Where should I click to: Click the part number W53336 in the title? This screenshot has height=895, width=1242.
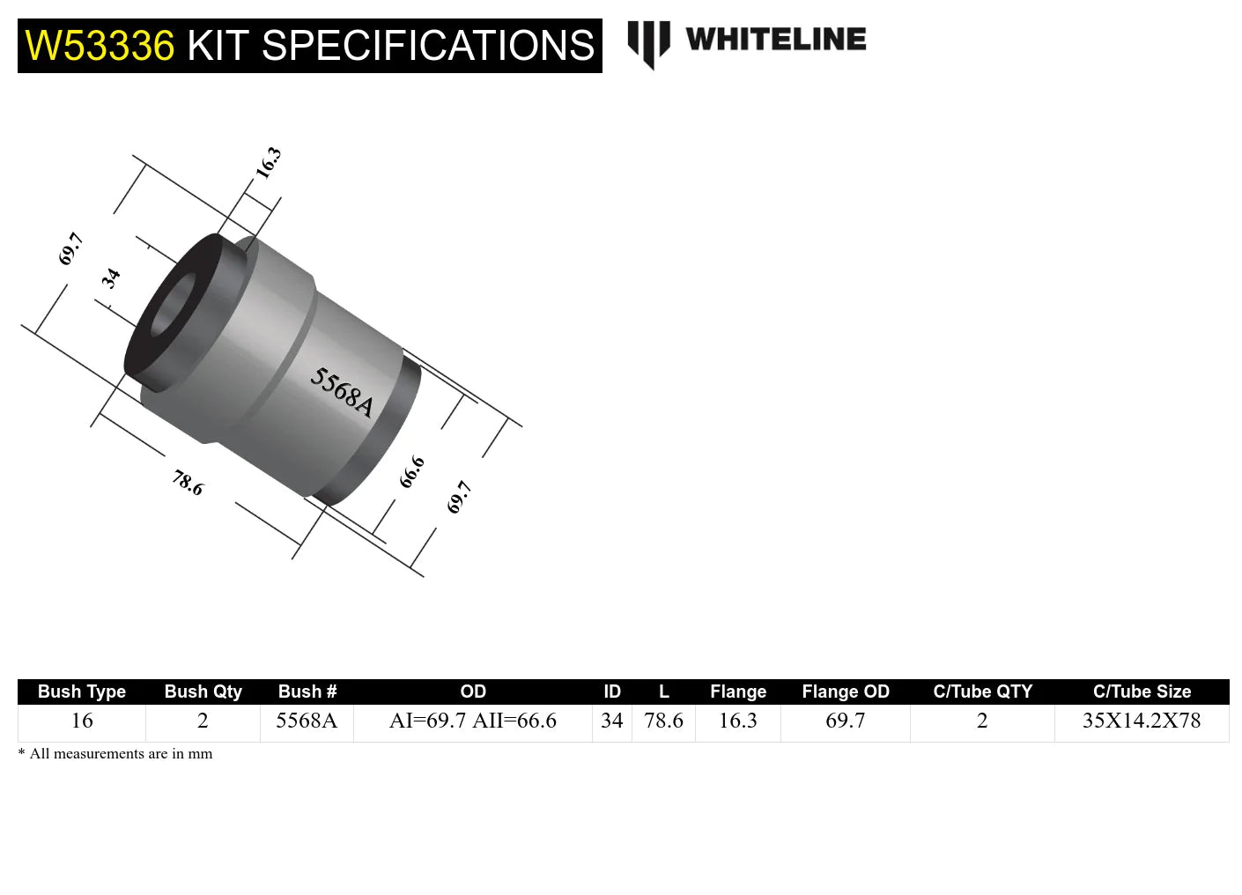coord(100,46)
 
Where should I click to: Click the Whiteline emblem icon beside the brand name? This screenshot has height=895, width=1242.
coord(648,42)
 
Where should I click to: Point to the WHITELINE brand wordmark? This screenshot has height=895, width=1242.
coord(775,40)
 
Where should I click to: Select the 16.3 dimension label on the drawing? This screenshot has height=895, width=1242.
coord(268,163)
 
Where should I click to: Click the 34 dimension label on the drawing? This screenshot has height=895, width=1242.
coord(111,278)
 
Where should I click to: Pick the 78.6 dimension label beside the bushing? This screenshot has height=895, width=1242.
coord(188,483)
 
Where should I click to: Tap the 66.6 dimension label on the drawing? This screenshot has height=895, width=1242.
coord(411,472)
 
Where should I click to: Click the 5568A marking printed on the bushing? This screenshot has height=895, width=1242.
coord(342,392)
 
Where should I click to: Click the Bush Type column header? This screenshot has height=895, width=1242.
coord(82,692)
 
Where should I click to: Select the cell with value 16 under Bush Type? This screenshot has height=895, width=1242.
coord(82,721)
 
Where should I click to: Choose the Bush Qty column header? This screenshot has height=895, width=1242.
coord(203,692)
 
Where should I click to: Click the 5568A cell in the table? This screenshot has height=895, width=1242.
coord(307,721)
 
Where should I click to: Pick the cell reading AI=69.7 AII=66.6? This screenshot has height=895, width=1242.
coord(473,721)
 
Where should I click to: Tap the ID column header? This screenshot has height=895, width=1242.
coord(612,692)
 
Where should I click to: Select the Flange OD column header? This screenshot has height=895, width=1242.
coord(846,692)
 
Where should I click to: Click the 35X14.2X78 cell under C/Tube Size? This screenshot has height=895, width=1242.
coord(1142,721)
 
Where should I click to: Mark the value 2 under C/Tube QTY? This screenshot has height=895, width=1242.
coord(982,721)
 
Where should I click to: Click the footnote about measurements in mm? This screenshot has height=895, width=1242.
coord(115,754)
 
